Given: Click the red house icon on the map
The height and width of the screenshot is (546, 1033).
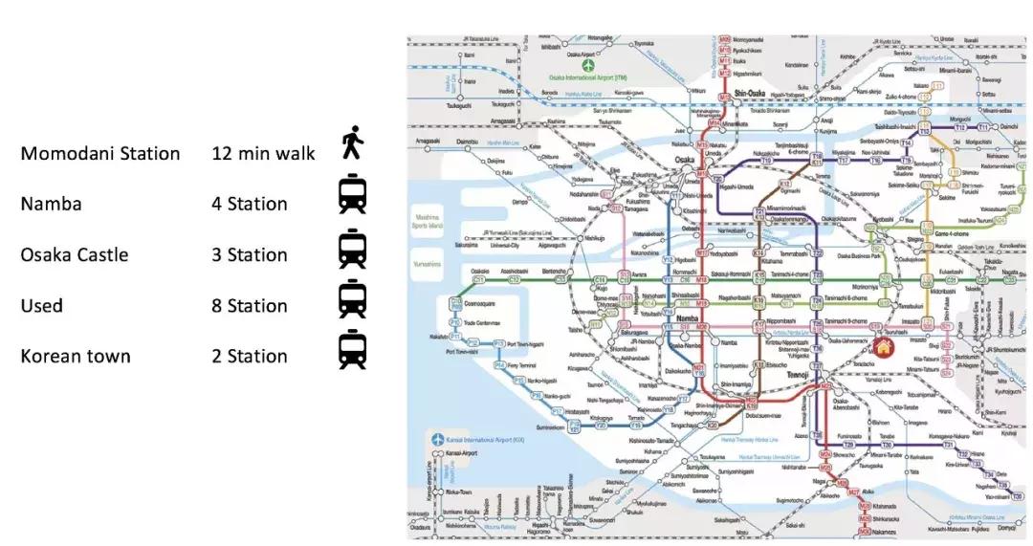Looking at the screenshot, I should click(882, 348).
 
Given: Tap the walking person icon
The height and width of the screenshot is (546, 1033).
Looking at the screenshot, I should click(352, 144).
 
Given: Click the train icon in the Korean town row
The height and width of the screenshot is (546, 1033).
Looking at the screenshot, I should click(352, 349).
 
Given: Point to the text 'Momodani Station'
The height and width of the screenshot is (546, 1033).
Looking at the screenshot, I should click(100, 153).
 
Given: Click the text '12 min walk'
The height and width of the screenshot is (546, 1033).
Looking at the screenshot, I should click(263, 153).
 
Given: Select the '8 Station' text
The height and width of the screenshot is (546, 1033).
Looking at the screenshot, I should click(250, 306).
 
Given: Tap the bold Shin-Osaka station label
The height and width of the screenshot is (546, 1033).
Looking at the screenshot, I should click(751, 93).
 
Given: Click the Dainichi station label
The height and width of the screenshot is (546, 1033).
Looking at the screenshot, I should click(1006, 126).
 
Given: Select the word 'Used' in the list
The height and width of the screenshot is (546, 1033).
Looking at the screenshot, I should click(42, 306).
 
